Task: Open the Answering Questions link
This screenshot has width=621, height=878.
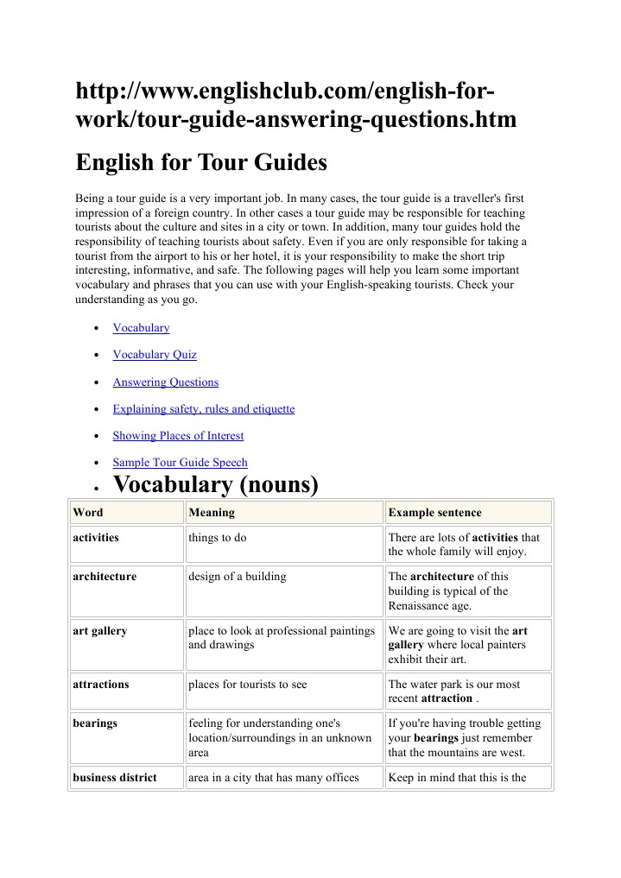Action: coord(165,382)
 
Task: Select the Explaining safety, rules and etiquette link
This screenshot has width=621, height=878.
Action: coord(203,409)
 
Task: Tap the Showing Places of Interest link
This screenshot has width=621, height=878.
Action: coord(178,436)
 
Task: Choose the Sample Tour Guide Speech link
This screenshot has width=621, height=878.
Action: coord(180,463)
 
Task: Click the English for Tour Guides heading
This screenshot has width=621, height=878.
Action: coord(201,162)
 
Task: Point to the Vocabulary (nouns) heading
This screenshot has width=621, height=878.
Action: coord(216,485)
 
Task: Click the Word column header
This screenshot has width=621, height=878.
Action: coord(88,513)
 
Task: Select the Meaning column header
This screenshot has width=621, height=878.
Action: coord(212,513)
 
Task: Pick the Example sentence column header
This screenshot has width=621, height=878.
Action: coord(435,513)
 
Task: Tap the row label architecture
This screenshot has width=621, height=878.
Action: coord(105,577)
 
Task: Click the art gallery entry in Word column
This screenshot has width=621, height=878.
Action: coord(100,631)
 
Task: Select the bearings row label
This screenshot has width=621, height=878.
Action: coord(95,723)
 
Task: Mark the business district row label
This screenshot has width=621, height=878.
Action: coord(115,778)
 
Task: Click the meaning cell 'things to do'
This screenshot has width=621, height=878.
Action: coord(218,538)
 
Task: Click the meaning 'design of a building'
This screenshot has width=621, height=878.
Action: coord(238,577)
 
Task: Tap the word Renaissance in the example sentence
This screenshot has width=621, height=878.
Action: coord(422,606)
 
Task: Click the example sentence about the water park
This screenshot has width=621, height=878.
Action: coord(454,692)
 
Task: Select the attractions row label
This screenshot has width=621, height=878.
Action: coord(101,685)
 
